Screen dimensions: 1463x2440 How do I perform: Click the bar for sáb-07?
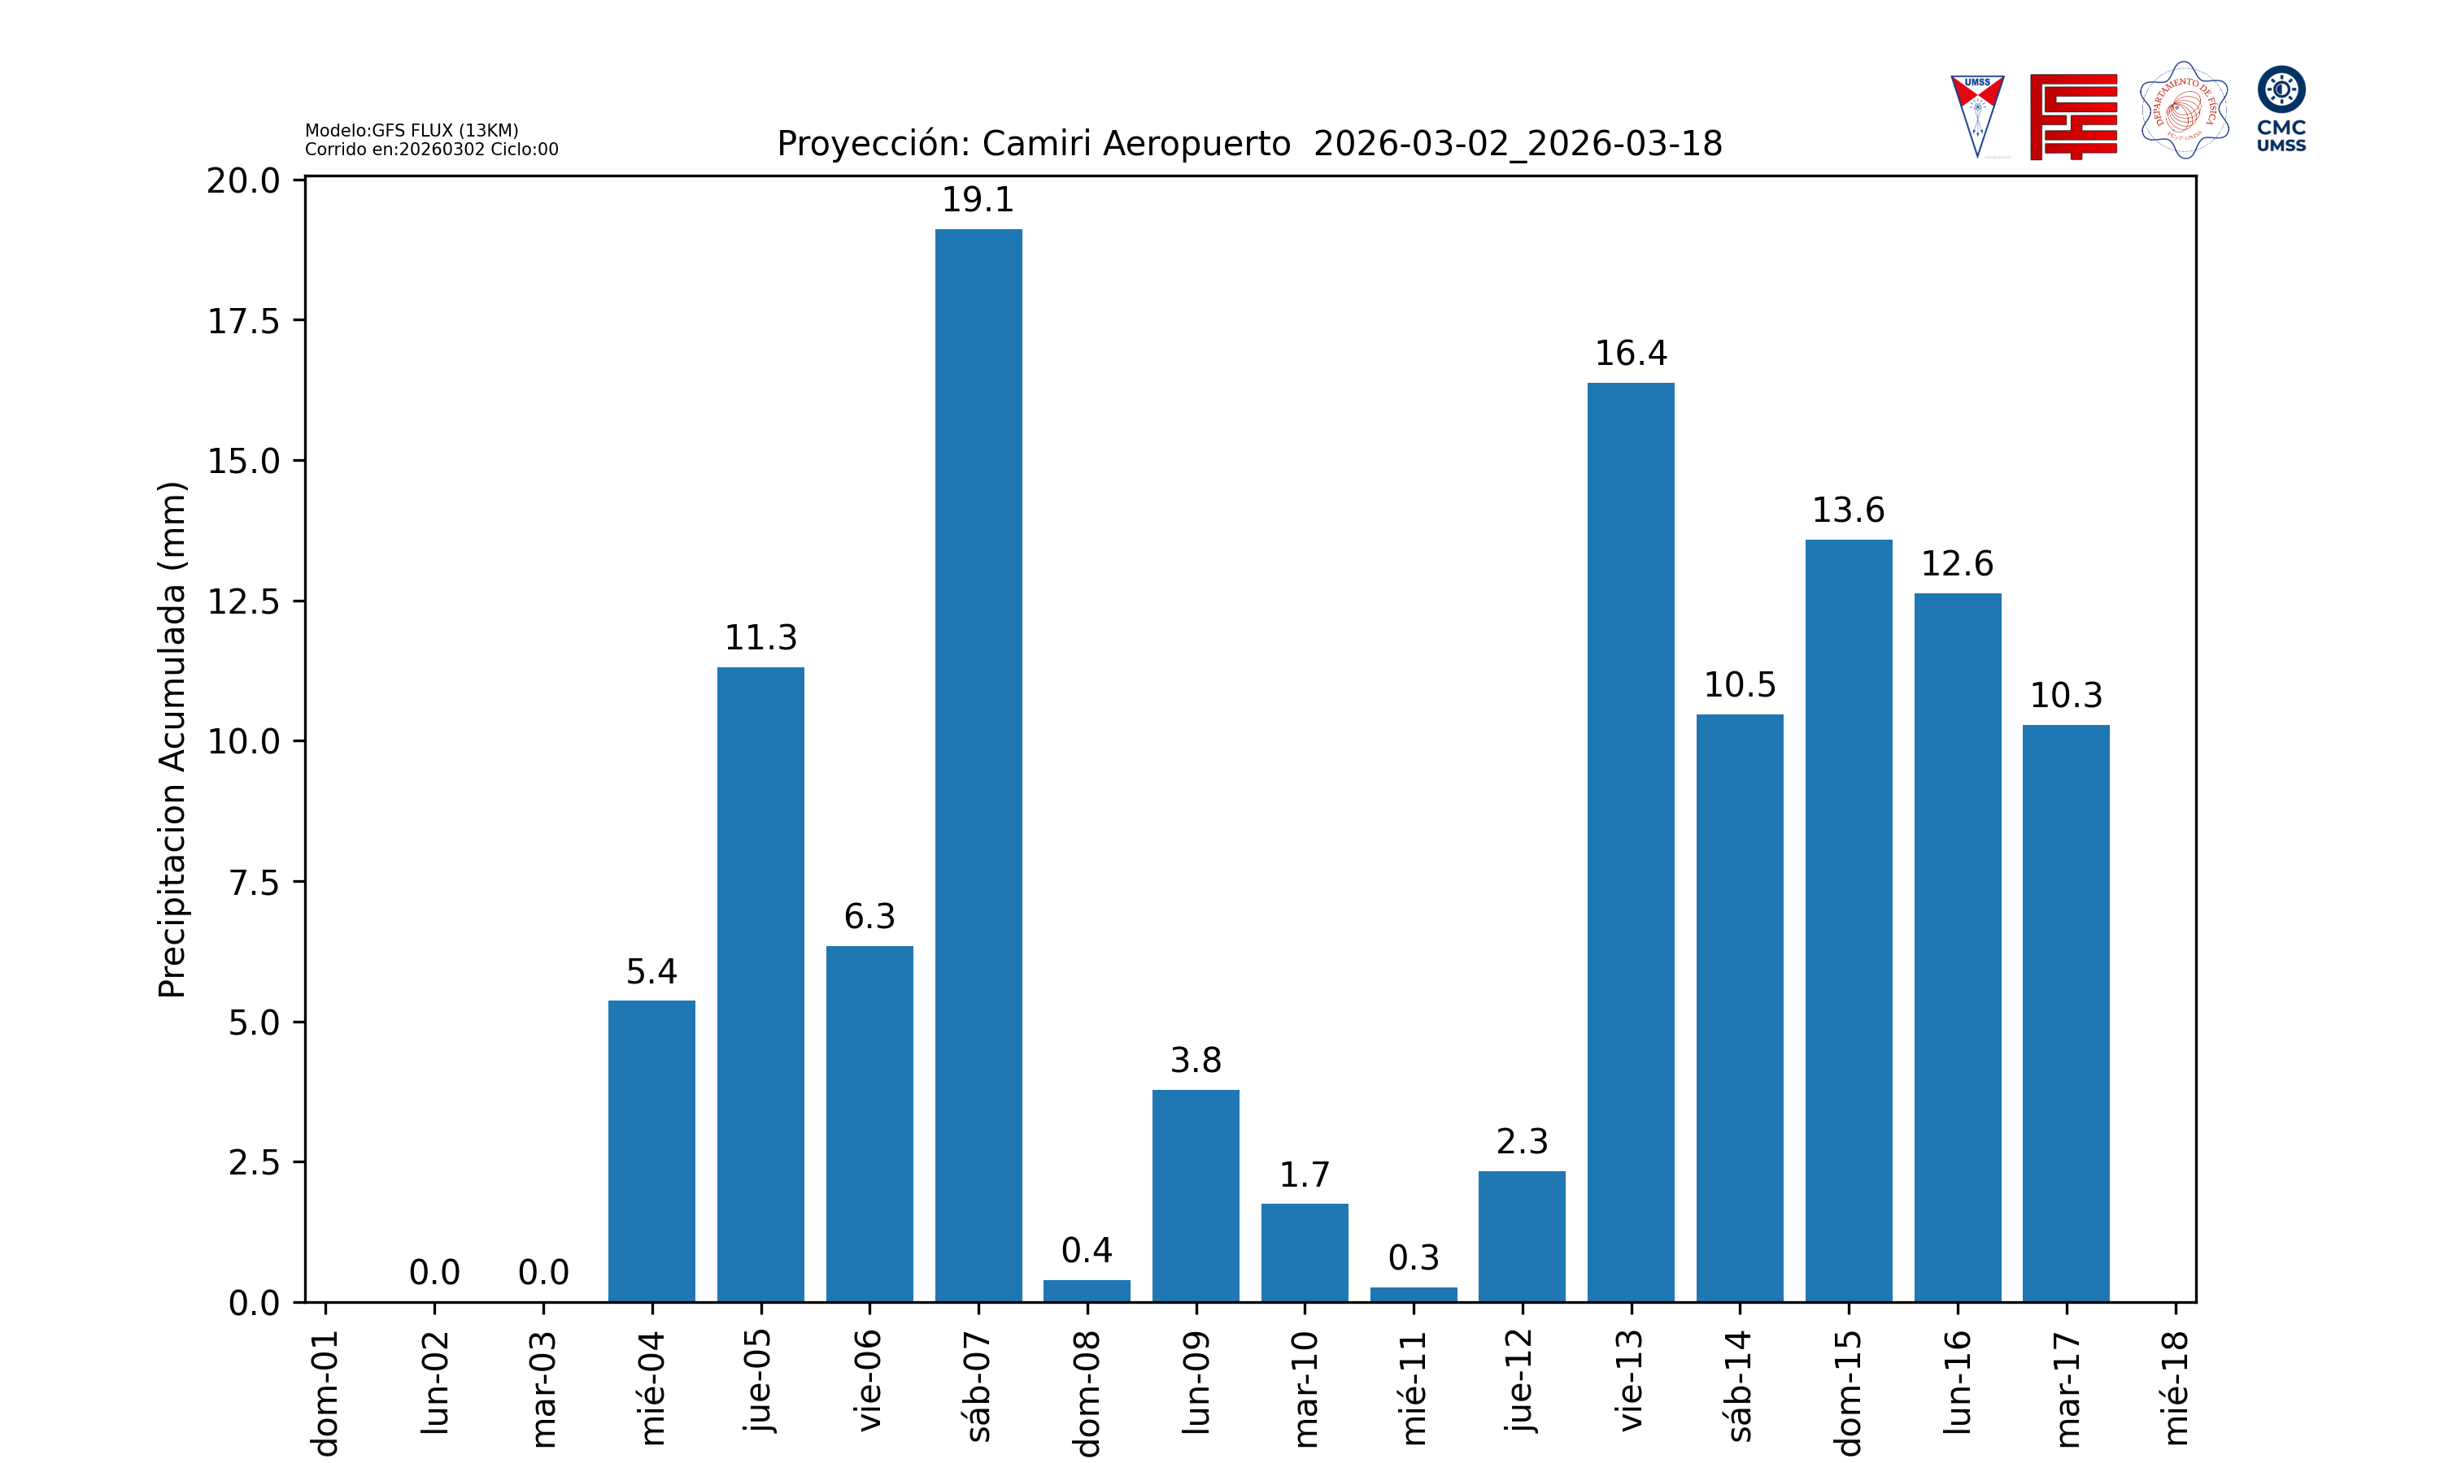[978, 765]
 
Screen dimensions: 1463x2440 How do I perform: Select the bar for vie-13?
[1630, 842]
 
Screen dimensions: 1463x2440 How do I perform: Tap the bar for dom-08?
[1087, 1291]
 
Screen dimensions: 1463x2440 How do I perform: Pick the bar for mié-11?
[1414, 1295]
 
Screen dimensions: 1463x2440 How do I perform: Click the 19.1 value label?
[978, 200]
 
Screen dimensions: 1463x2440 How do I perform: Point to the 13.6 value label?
[1848, 510]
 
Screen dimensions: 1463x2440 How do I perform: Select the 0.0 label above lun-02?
[434, 1273]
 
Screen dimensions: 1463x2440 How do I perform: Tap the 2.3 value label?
[1522, 1142]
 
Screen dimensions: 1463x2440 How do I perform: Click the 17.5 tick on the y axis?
[242, 321]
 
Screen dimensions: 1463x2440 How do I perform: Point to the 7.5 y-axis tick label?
[254, 883]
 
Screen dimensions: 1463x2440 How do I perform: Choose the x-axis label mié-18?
[2176, 1388]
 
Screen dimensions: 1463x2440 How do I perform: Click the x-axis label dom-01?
[325, 1392]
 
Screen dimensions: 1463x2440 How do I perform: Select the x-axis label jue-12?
[1522, 1380]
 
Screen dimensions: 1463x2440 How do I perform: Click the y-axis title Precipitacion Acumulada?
[172, 740]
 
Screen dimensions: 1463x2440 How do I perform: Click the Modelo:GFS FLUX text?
[412, 130]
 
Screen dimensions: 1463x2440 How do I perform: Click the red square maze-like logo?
[2073, 116]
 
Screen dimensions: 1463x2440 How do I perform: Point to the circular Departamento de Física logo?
[2184, 111]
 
